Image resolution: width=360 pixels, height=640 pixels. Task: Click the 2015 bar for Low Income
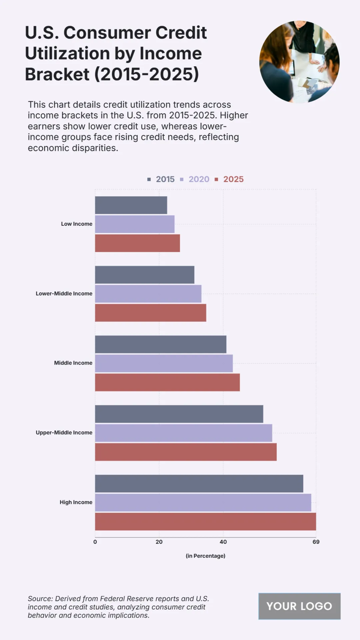point(131,205)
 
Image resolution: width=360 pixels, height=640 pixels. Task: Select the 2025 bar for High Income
point(205,521)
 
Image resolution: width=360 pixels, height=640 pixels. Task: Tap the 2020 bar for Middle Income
point(164,363)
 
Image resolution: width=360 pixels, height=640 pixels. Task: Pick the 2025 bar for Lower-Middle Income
point(151,313)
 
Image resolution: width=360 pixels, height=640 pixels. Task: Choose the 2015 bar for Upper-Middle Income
point(179,414)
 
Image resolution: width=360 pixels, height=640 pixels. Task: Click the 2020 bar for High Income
point(203,503)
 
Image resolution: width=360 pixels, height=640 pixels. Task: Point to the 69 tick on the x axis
point(316,542)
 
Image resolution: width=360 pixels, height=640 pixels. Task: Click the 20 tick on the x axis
point(159,542)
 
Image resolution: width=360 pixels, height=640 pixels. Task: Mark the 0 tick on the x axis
point(95,542)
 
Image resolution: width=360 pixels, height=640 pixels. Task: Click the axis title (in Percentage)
point(205,556)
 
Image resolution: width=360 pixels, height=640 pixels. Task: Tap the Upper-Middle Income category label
point(64,432)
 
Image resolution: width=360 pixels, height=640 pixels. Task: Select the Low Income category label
point(76,224)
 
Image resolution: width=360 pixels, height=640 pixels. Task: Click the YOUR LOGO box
point(299,606)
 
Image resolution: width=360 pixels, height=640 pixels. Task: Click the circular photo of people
point(299,62)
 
